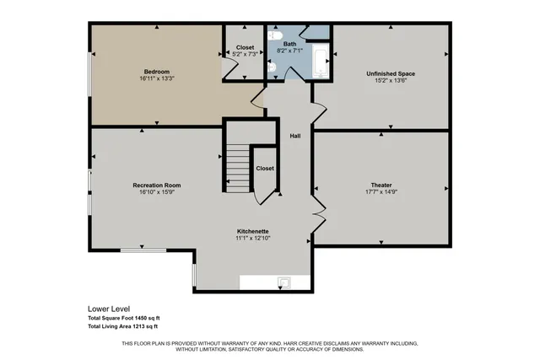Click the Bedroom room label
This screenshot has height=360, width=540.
coord(157,71)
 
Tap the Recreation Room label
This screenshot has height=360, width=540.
coord(157,185)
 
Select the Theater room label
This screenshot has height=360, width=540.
coord(381,185)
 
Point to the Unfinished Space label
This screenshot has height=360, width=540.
coord(391,74)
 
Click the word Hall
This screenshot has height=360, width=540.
coord(295,136)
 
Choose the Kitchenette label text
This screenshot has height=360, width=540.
coord(253,231)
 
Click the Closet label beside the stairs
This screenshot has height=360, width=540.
coord(265,168)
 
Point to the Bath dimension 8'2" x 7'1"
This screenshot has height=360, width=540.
coord(289,51)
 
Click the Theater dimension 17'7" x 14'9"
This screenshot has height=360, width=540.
coord(381,191)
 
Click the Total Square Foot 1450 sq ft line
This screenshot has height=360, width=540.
coord(128,317)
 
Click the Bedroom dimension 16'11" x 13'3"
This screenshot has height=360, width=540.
coord(157,78)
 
